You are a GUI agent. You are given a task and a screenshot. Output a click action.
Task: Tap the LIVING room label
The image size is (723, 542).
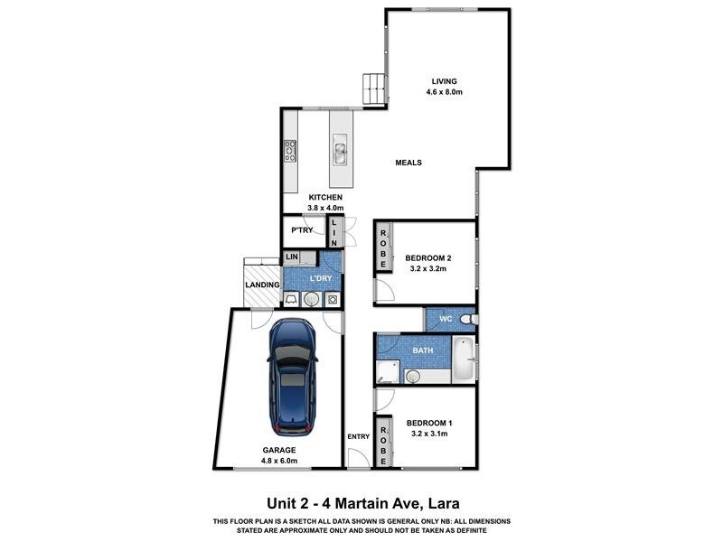pos(444,81)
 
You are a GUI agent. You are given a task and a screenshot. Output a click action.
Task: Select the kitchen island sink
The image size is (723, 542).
pos(341,150)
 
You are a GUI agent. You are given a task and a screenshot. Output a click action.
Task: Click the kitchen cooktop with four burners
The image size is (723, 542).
pos(291,151)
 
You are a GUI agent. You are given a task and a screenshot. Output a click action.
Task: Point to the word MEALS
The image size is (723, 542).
pos(408,163)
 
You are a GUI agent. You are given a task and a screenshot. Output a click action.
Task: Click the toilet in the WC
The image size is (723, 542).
pos(466,320)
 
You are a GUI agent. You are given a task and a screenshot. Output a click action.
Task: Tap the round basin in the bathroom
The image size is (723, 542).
pos(413,375)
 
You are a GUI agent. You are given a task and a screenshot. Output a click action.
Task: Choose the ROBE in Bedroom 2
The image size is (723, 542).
pos(383,248)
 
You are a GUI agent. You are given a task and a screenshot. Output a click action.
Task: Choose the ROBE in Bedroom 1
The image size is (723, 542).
pos(383,441)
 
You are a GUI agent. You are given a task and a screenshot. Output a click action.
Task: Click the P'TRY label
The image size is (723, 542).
pos(301,231)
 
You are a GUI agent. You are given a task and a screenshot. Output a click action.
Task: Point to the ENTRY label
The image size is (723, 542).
pos(358,437)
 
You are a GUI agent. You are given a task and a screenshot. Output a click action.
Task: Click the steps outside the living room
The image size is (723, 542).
pos(373,88)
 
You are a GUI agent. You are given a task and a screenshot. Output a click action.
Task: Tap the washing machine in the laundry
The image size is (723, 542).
pos(333,299)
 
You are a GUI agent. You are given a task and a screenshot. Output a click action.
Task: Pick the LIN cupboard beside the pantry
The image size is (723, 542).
pos(334,234)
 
